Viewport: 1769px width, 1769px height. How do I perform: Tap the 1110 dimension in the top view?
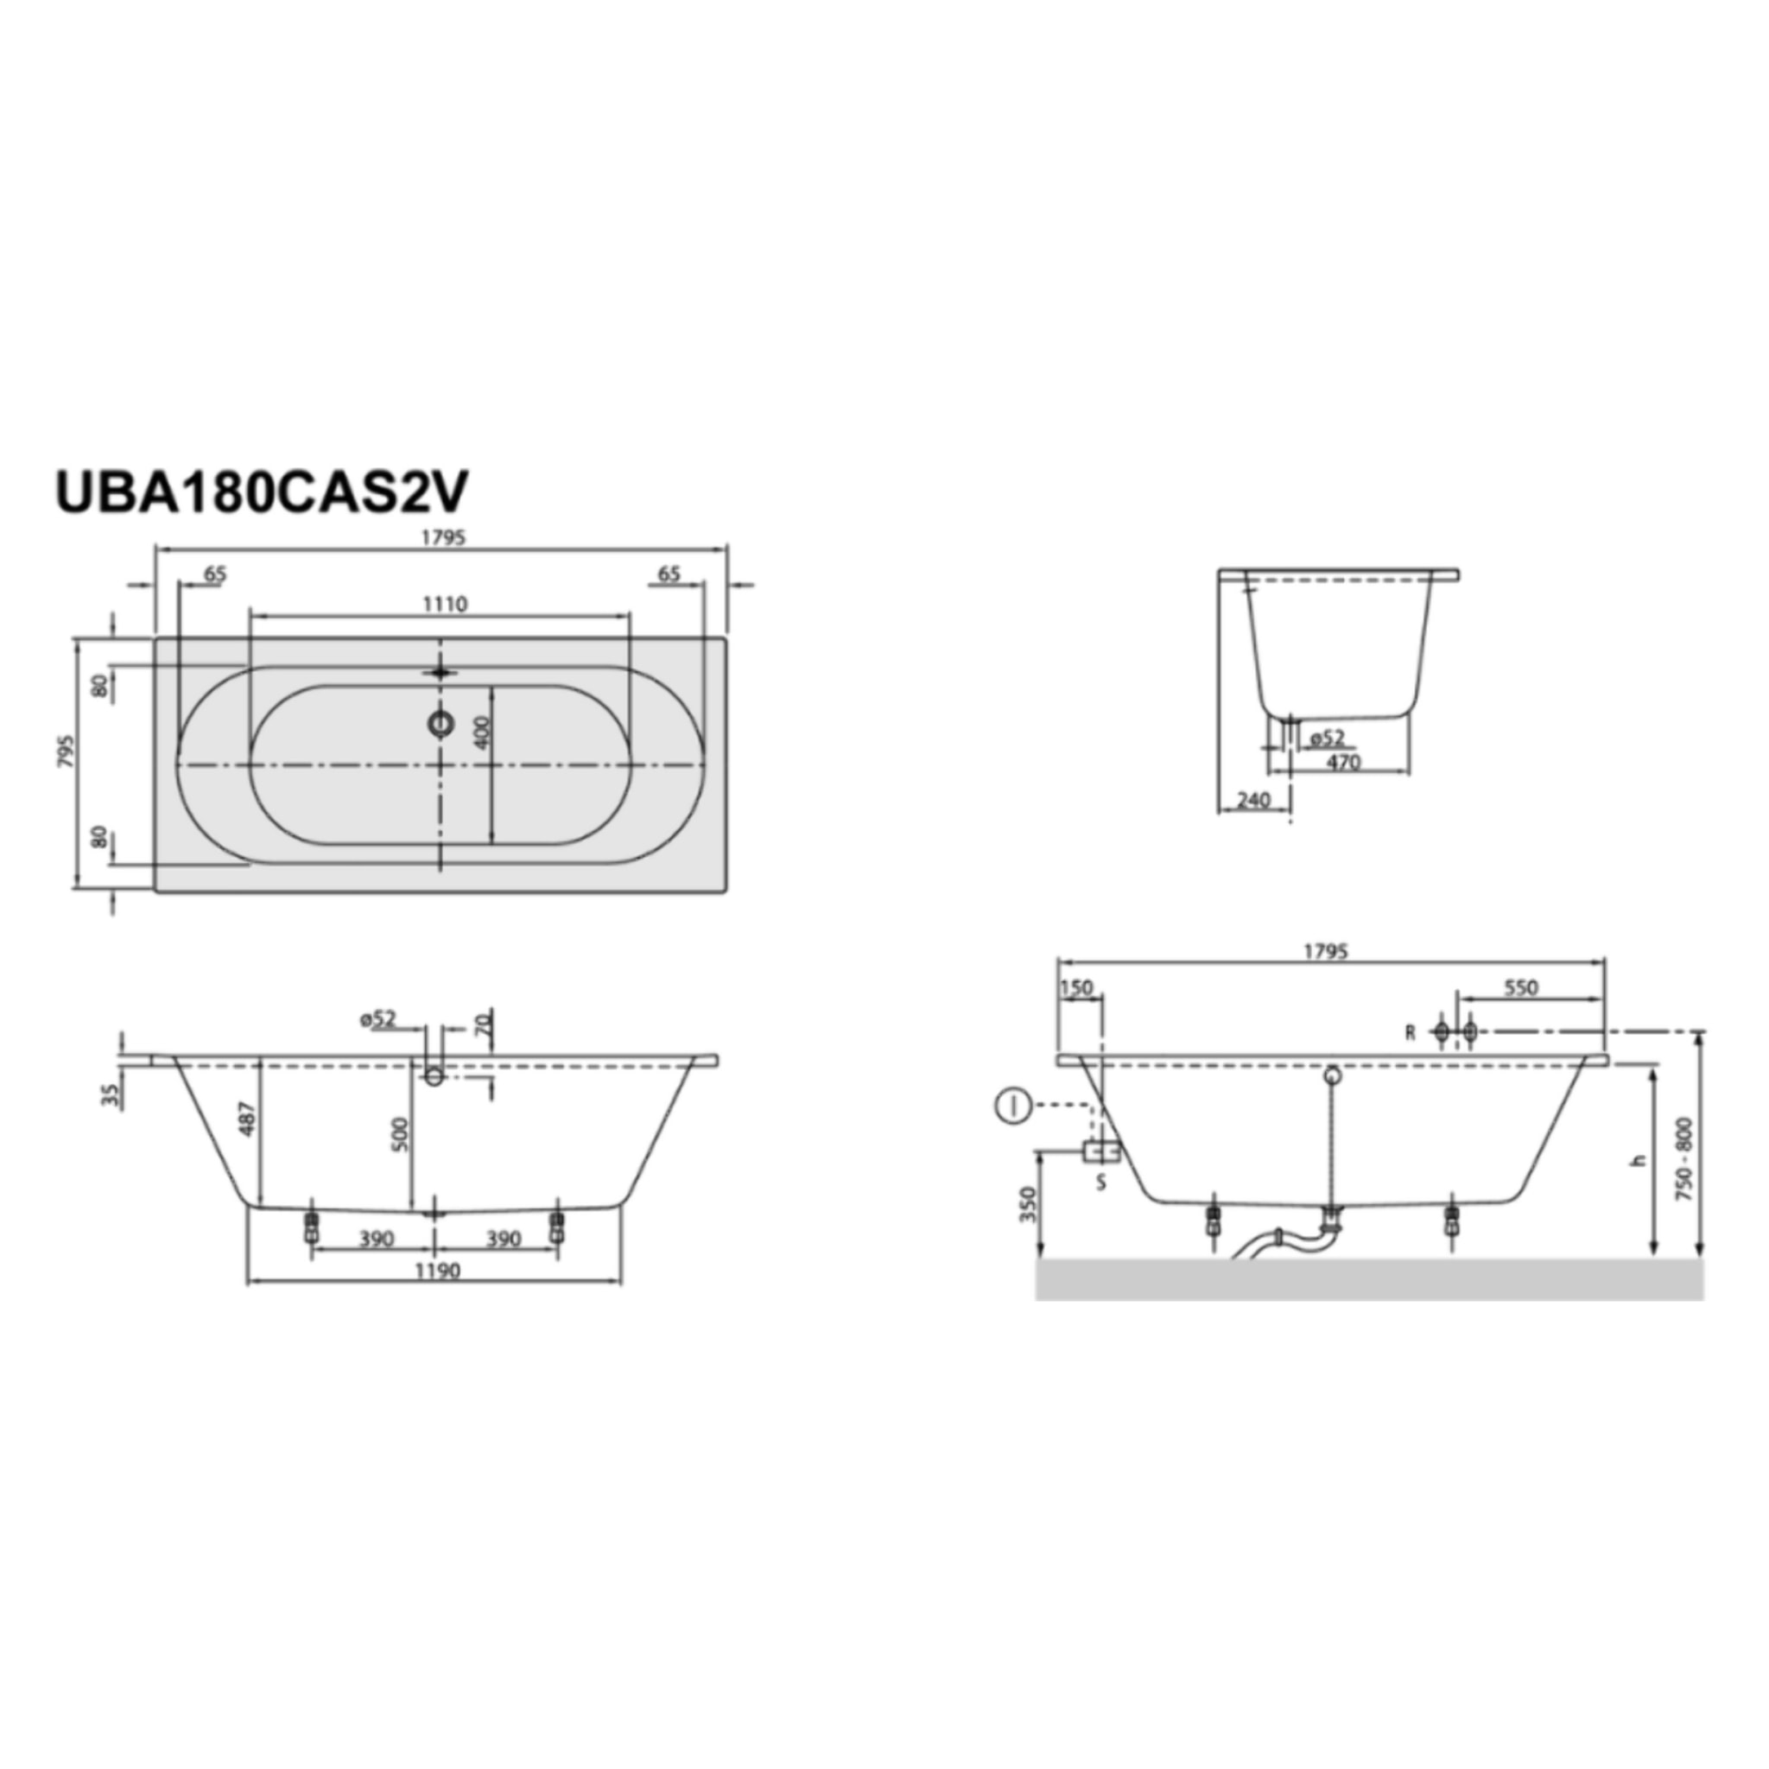(445, 605)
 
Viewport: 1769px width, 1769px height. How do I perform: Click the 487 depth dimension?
(249, 1119)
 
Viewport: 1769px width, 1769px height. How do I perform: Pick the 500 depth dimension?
(400, 1135)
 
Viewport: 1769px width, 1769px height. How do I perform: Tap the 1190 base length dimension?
(438, 1271)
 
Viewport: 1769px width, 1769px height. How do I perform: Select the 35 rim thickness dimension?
(111, 1096)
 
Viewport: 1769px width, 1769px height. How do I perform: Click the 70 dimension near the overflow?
(484, 1023)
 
